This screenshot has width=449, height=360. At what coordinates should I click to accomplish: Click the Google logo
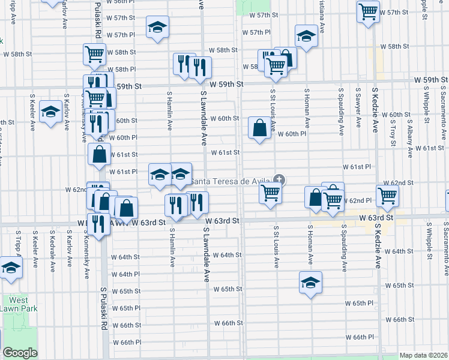(20, 353)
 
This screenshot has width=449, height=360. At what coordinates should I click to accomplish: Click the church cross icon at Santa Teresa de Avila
(279, 179)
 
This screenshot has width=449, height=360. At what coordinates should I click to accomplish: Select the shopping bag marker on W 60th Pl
(259, 128)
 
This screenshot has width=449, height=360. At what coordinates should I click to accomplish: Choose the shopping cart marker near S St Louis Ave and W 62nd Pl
(271, 194)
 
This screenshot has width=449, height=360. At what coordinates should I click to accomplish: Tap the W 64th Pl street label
(125, 274)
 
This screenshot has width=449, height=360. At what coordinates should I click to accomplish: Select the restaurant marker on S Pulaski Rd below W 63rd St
(99, 224)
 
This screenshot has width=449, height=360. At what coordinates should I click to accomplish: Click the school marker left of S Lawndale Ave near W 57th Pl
(158, 27)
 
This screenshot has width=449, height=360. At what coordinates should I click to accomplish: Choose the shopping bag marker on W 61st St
(99, 154)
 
